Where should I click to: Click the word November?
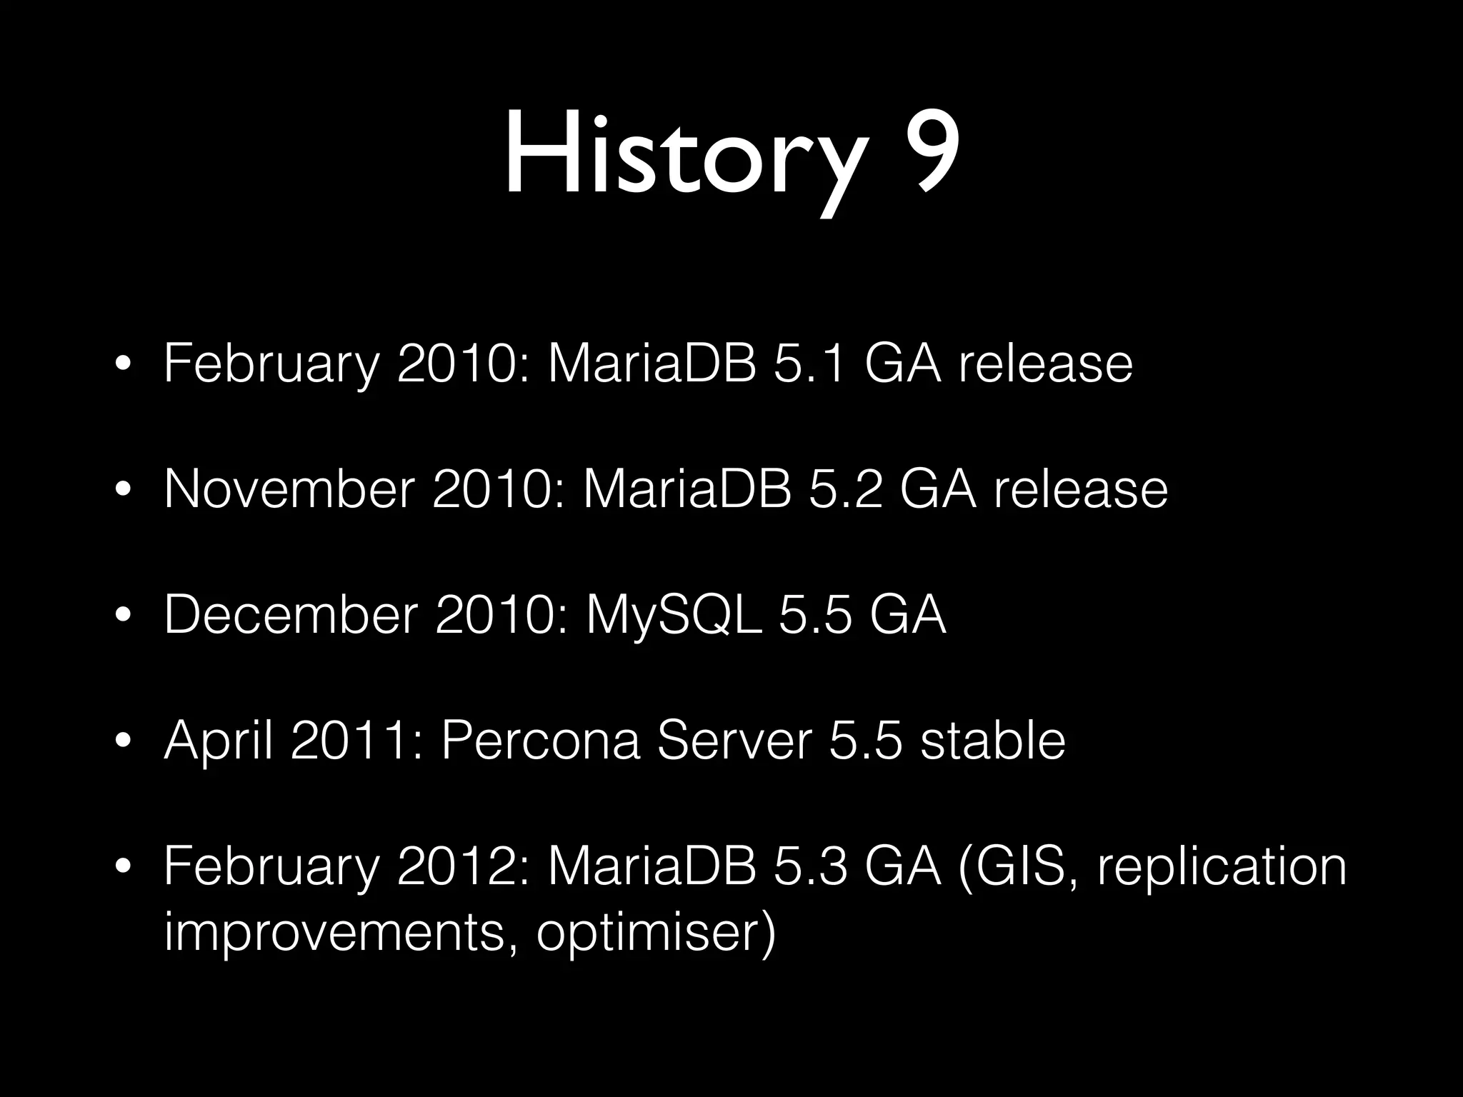[289, 490]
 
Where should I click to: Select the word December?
[290, 615]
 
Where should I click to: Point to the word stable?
[992, 741]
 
